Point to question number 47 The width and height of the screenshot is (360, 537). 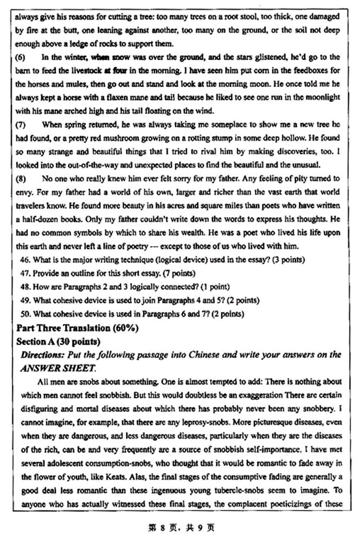click(24, 273)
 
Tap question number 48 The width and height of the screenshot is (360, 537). click(24, 286)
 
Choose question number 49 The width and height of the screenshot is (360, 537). click(24, 300)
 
